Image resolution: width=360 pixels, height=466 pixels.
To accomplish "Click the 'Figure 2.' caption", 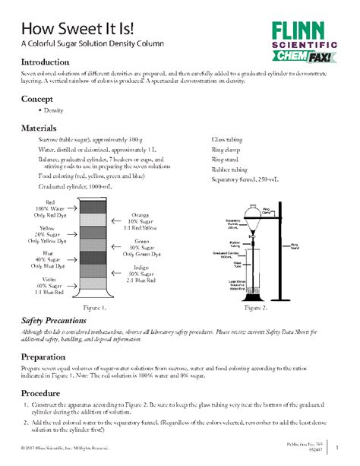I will coord(256,309).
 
